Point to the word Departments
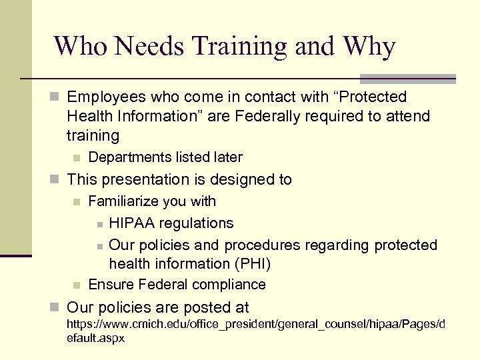click(130, 157)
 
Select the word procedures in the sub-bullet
click(280, 245)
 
